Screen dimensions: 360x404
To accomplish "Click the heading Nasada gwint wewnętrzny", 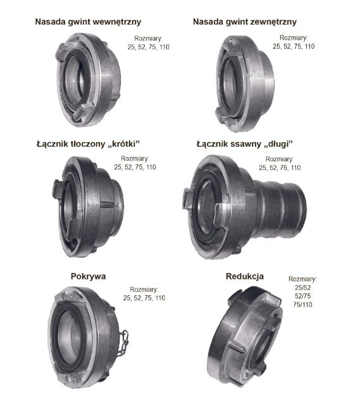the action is (88, 22).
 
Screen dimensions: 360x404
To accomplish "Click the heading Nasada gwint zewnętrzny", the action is (245, 22).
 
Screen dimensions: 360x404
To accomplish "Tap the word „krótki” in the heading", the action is (123, 144).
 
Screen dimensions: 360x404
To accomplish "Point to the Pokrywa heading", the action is (88, 276).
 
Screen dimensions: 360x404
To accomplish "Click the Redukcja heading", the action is (245, 276).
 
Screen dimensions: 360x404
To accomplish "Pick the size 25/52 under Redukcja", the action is (303, 288).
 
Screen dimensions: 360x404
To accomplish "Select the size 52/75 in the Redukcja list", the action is (303, 296).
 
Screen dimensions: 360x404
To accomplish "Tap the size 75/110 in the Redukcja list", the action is (303, 304).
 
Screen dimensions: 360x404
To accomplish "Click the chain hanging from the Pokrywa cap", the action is (123, 343).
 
